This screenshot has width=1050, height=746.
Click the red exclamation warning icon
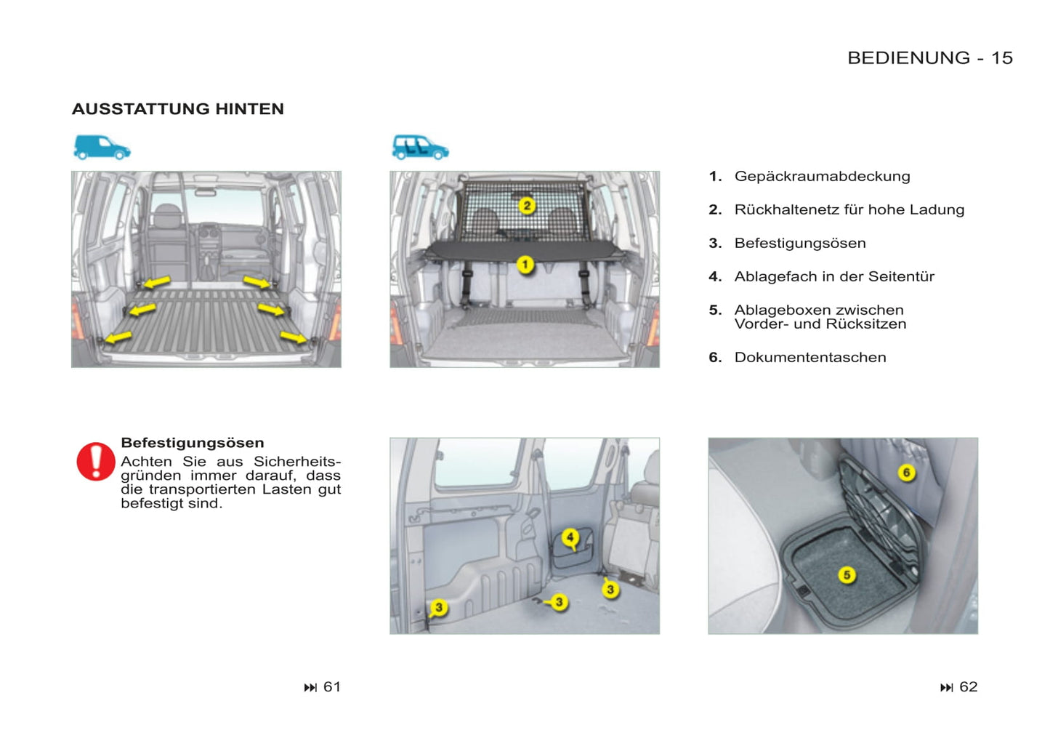coord(96,462)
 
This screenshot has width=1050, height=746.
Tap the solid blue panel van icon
coord(102,148)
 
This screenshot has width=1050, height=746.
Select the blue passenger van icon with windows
coord(420,148)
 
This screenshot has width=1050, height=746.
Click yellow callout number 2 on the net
coord(527,206)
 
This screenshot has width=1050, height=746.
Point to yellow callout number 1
coord(525,265)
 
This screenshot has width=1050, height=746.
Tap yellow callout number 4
coord(570,537)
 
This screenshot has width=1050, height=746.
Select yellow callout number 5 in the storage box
coord(847,574)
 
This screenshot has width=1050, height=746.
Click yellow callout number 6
coord(907,473)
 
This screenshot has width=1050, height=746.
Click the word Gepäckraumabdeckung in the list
coord(822,177)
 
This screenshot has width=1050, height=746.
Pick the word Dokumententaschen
coord(810,358)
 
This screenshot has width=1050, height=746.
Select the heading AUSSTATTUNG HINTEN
coord(178,109)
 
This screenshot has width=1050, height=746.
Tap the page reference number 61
coord(332,687)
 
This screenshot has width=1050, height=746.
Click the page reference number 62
coord(969,687)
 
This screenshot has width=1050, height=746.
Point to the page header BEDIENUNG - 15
coord(931,58)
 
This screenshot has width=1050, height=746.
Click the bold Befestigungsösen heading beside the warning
coord(193,443)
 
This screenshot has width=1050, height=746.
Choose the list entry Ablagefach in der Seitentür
coord(834,277)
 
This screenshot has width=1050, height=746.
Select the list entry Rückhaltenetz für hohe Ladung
coord(849,209)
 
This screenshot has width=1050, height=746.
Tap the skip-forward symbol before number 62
coord(946,688)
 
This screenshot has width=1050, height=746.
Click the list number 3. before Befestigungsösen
coord(715,243)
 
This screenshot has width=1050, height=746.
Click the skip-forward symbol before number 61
coord(310,688)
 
